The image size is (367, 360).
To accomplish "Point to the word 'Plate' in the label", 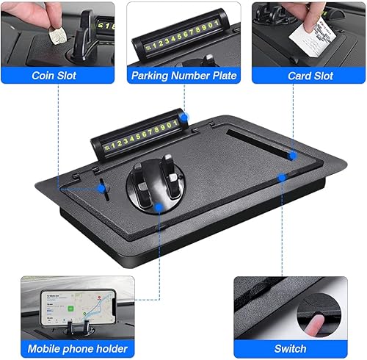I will pyautogui.click(x=222, y=76).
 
